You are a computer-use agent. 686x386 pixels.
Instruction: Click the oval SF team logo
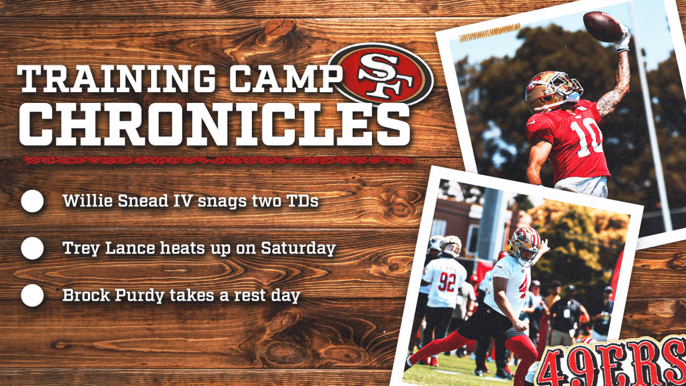click(381, 75)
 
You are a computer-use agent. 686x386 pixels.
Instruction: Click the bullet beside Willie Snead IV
click(33, 201)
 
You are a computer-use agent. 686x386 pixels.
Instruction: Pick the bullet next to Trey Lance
click(33, 248)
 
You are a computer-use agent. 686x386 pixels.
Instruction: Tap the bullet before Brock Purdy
click(33, 295)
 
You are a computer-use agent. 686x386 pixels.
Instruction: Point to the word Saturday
click(299, 249)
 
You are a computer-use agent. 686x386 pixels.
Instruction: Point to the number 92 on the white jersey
click(446, 282)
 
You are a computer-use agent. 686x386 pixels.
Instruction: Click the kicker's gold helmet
click(525, 246)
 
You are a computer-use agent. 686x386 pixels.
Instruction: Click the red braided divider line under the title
click(218, 160)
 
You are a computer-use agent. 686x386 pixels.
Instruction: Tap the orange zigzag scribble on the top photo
click(489, 33)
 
